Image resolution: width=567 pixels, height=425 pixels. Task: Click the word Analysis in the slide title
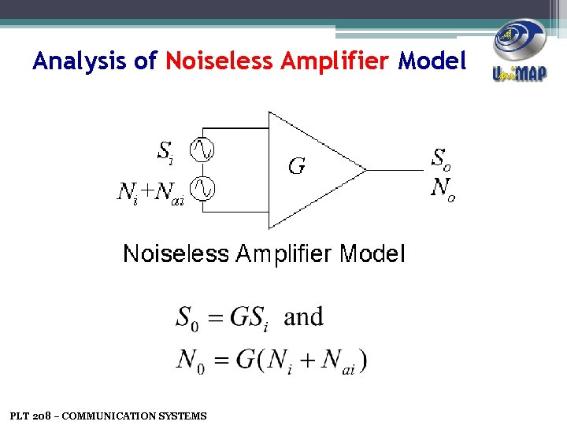tap(81, 61)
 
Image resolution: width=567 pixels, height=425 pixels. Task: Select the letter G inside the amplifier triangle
tap(297, 166)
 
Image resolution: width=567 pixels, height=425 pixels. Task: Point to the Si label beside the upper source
tap(165, 151)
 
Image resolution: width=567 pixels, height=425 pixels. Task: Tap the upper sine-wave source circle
tap(202, 149)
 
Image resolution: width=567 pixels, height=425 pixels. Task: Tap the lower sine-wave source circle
tap(202, 188)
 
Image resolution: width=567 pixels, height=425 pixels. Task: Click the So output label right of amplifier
tap(442, 158)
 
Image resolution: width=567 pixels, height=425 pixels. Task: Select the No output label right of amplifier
tap(443, 189)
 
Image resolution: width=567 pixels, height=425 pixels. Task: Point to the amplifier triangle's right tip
tap(365, 168)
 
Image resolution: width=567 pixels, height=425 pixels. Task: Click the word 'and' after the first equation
tap(303, 316)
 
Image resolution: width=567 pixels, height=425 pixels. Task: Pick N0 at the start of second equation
tap(189, 360)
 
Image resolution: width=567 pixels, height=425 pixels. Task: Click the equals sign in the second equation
tap(221, 360)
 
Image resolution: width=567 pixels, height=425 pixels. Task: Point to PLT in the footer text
tap(19, 416)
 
